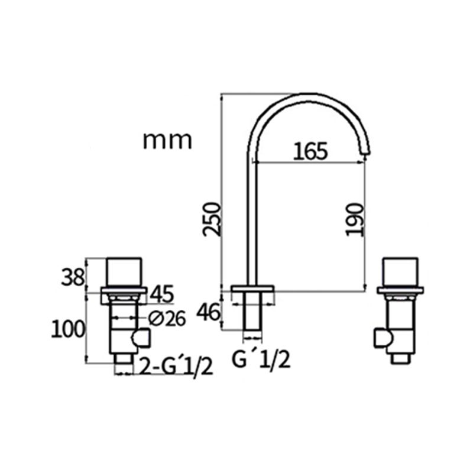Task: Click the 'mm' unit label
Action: pyautogui.click(x=167, y=141)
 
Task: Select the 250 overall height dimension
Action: pyautogui.click(x=212, y=219)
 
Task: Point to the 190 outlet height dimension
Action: pyautogui.click(x=354, y=219)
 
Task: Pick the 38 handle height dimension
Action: pyautogui.click(x=73, y=276)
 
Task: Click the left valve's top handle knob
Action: pyautogui.click(x=125, y=271)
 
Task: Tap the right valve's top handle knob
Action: pyautogui.click(x=402, y=271)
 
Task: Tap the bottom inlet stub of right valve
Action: pyautogui.click(x=402, y=357)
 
